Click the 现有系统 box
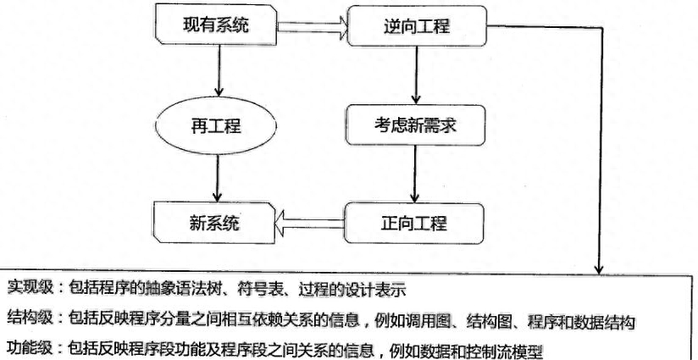coord(215,25)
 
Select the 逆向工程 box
coord(417,25)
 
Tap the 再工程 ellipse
coord(215,126)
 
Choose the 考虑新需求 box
coord(415,125)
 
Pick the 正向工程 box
coord(414,224)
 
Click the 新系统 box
coord(214,223)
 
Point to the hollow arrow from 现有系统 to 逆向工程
coord(312,26)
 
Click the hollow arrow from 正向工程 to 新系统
coord(310,223)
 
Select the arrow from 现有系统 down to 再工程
coord(219,71)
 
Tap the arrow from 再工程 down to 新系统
coord(217,179)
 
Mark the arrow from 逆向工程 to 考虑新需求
coord(416,75)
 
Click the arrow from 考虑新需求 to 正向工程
coord(415,174)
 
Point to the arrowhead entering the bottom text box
coord(599,269)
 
